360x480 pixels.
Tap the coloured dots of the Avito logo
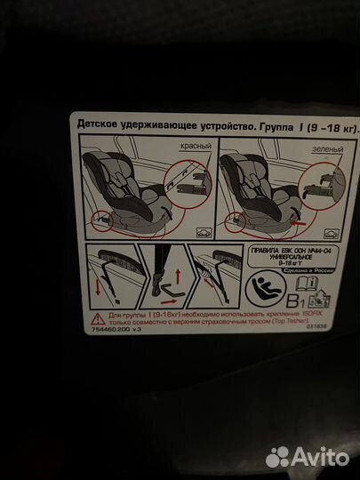pos(279,455)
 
